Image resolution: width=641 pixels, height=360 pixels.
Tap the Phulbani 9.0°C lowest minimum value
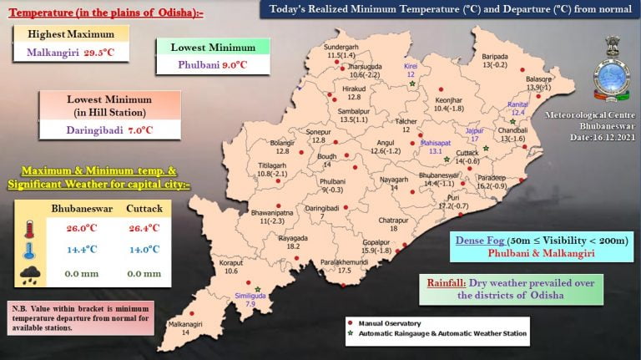212,63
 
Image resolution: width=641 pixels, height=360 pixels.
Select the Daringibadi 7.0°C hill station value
111,131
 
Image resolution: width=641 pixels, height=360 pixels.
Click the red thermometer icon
29,229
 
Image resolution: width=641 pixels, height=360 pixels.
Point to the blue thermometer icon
29,251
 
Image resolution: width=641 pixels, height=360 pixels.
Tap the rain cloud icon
29,271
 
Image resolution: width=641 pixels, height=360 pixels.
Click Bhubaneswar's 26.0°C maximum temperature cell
88,226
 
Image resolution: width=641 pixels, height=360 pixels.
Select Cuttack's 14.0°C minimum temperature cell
143,249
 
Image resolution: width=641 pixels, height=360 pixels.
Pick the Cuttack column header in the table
144,208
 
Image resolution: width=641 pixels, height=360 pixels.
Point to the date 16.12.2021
593,136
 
